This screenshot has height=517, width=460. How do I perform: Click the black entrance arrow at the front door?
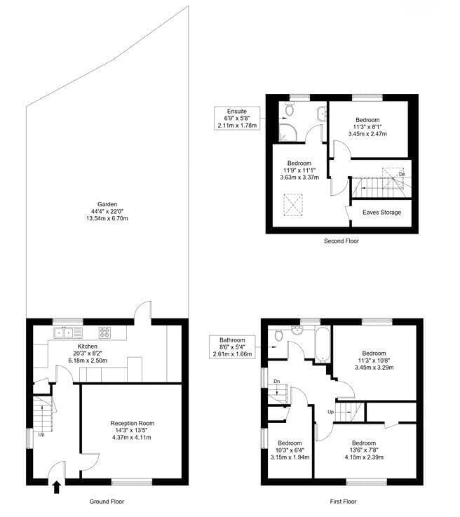pyautogui.click(x=57, y=488)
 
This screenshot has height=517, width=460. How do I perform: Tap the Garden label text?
pyautogui.click(x=107, y=204)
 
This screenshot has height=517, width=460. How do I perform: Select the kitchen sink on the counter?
pyautogui.click(x=68, y=333)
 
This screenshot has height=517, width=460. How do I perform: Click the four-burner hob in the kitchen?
pyautogui.click(x=104, y=333)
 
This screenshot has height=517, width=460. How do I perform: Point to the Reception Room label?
pyautogui.click(x=133, y=424)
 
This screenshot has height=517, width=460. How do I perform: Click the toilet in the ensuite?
pyautogui.click(x=290, y=109)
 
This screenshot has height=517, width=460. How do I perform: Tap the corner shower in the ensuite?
pyautogui.click(x=287, y=133)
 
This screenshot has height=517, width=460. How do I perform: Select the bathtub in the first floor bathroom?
pyautogui.click(x=323, y=344)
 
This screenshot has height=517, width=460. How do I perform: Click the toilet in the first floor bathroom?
pyautogui.click(x=279, y=335)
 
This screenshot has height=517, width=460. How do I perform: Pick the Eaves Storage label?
pyautogui.click(x=382, y=213)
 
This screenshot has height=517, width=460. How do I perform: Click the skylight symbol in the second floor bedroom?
pyautogui.click(x=293, y=205)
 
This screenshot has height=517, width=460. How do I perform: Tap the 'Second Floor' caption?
pyautogui.click(x=341, y=241)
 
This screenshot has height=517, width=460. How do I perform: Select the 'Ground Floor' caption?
pyautogui.click(x=107, y=502)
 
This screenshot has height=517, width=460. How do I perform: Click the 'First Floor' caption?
pyautogui.click(x=343, y=502)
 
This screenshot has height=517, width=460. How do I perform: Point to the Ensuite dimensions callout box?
pyautogui.click(x=237, y=118)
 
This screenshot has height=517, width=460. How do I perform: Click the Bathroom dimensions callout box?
pyautogui.click(x=232, y=347)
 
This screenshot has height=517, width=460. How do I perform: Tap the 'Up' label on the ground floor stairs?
pyautogui.click(x=41, y=434)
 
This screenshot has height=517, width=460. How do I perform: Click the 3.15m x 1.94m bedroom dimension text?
pyautogui.click(x=290, y=457)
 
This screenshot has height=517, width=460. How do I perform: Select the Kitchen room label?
pyautogui.click(x=88, y=347)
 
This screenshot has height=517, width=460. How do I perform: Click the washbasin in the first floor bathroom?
pyautogui.click(x=297, y=330)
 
